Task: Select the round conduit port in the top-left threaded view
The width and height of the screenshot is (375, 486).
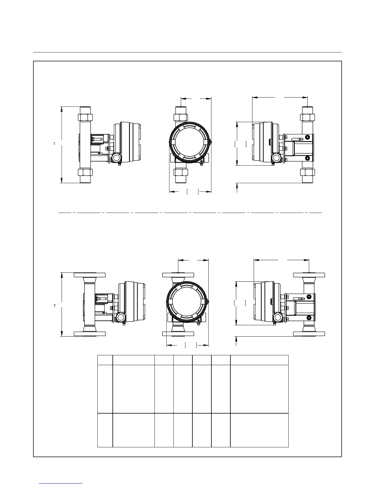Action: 116,157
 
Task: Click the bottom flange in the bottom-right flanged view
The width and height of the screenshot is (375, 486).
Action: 309,334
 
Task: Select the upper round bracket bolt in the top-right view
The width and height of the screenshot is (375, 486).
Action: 308,137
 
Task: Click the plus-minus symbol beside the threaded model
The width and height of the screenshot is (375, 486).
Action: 55,143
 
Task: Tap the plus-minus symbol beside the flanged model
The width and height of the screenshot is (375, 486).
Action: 55,305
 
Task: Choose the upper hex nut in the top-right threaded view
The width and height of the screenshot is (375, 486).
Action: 307,117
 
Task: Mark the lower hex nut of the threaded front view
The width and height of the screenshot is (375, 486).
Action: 181,172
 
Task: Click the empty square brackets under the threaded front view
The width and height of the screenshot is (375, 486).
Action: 193,192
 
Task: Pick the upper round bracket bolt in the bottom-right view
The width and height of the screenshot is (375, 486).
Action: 309,297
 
